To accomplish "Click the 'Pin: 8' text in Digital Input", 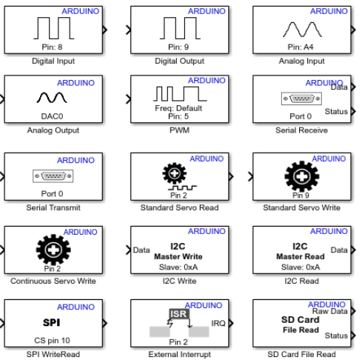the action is (x=52, y=47).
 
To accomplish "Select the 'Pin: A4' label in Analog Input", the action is (x=301, y=47).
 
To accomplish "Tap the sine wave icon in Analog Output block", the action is (x=52, y=98).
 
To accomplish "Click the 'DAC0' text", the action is (x=52, y=116).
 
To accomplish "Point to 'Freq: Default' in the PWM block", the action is (x=178, y=108).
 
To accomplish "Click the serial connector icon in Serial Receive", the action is (x=301, y=99).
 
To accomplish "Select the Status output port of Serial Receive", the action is (x=353, y=111).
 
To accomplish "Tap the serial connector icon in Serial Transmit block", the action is (x=53, y=176).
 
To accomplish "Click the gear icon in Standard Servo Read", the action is (x=175, y=173).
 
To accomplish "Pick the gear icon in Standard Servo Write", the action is (x=302, y=176).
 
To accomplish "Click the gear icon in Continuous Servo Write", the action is (x=53, y=250).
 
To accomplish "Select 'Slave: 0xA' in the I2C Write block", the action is (x=178, y=267).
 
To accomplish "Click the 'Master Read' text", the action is (x=301, y=256).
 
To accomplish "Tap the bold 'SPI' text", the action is (x=52, y=322).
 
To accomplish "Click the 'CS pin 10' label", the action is (x=52, y=341).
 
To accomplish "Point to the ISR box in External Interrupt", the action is (x=179, y=314).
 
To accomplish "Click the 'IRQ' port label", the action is (x=218, y=323).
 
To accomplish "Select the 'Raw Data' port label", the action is (x=330, y=311).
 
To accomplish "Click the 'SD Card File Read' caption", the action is (x=301, y=354).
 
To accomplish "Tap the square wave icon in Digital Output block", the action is (x=180, y=28).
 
